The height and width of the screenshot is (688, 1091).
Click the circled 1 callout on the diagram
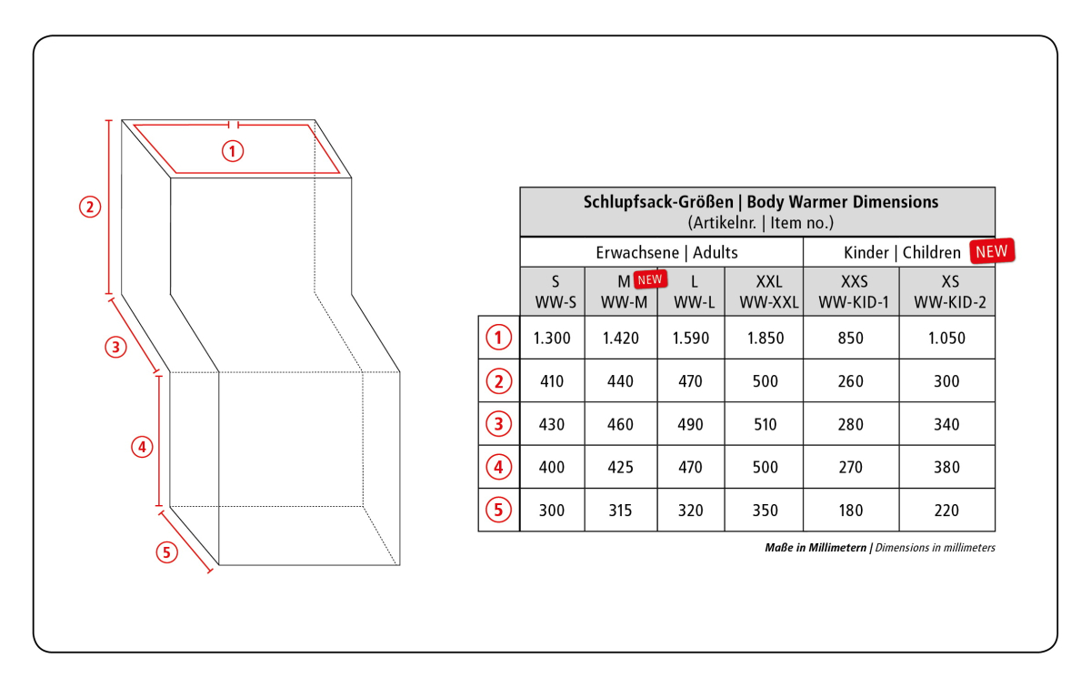point(233,151)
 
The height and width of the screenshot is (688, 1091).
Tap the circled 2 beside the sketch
point(90,207)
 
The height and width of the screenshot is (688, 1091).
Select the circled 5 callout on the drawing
point(166,552)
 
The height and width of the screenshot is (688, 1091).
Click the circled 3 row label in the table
point(498,424)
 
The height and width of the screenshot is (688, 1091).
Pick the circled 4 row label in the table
point(498,467)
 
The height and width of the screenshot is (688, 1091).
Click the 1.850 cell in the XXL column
point(766,338)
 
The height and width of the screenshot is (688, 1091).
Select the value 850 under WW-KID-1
point(850,338)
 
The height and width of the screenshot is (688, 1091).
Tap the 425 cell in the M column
point(620,467)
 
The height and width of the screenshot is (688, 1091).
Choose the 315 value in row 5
point(620,510)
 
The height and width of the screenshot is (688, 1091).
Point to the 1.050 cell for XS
point(946,338)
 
